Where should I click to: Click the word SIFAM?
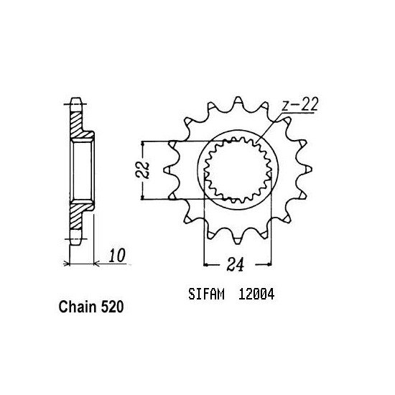pyautogui.click(x=206, y=294)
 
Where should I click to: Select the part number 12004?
pyautogui.click(x=256, y=294)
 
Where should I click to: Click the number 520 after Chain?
pyautogui.click(x=112, y=307)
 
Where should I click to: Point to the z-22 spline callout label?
pyautogui.click(x=299, y=104)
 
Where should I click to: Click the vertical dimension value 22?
pyautogui.click(x=142, y=170)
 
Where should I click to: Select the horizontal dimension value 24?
pyautogui.click(x=236, y=264)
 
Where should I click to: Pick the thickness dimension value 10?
pyautogui.click(x=117, y=256)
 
